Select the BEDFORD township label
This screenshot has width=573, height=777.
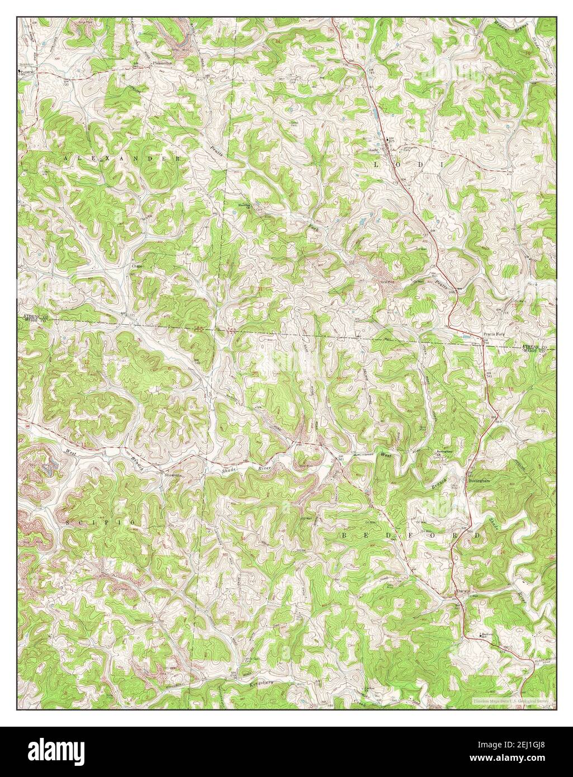point(411,535)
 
